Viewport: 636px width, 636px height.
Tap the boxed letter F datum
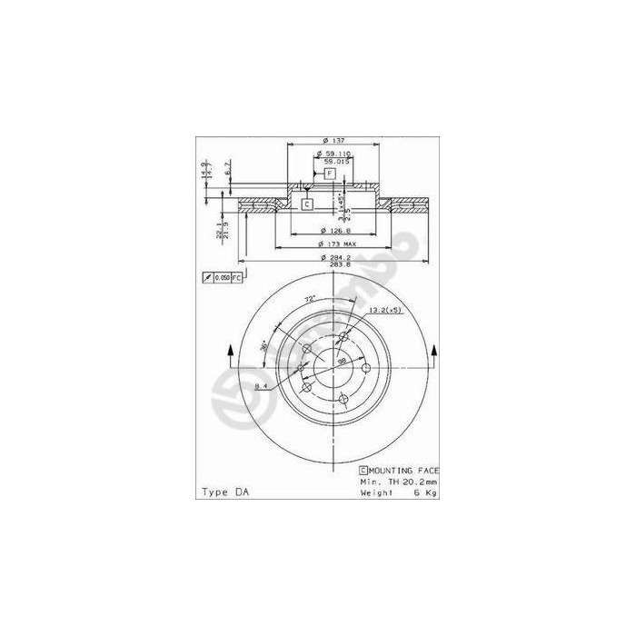(330, 173)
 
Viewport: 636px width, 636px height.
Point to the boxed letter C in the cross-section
(307, 204)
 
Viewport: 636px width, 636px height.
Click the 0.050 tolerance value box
(224, 276)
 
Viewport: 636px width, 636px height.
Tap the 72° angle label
(310, 299)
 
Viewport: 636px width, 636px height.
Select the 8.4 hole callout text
(261, 387)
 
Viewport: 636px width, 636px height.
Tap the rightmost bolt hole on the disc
(368, 368)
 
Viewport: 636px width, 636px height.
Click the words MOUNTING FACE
(403, 471)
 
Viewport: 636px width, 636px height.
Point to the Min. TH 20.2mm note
(399, 482)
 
